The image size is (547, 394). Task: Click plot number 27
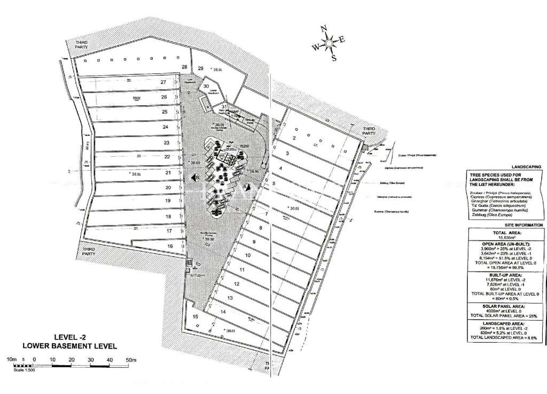click(x=163, y=82)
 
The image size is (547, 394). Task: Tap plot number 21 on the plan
click(x=168, y=173)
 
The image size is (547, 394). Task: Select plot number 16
click(x=170, y=246)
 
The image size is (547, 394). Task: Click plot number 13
click(x=230, y=297)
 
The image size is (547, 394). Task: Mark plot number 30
click(x=206, y=86)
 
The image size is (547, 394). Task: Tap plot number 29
click(x=201, y=68)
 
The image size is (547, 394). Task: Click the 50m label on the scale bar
click(x=131, y=360)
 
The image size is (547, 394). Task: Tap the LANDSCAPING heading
click(x=526, y=167)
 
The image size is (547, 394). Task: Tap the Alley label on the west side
click(x=85, y=146)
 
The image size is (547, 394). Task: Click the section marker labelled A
click(x=246, y=187)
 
